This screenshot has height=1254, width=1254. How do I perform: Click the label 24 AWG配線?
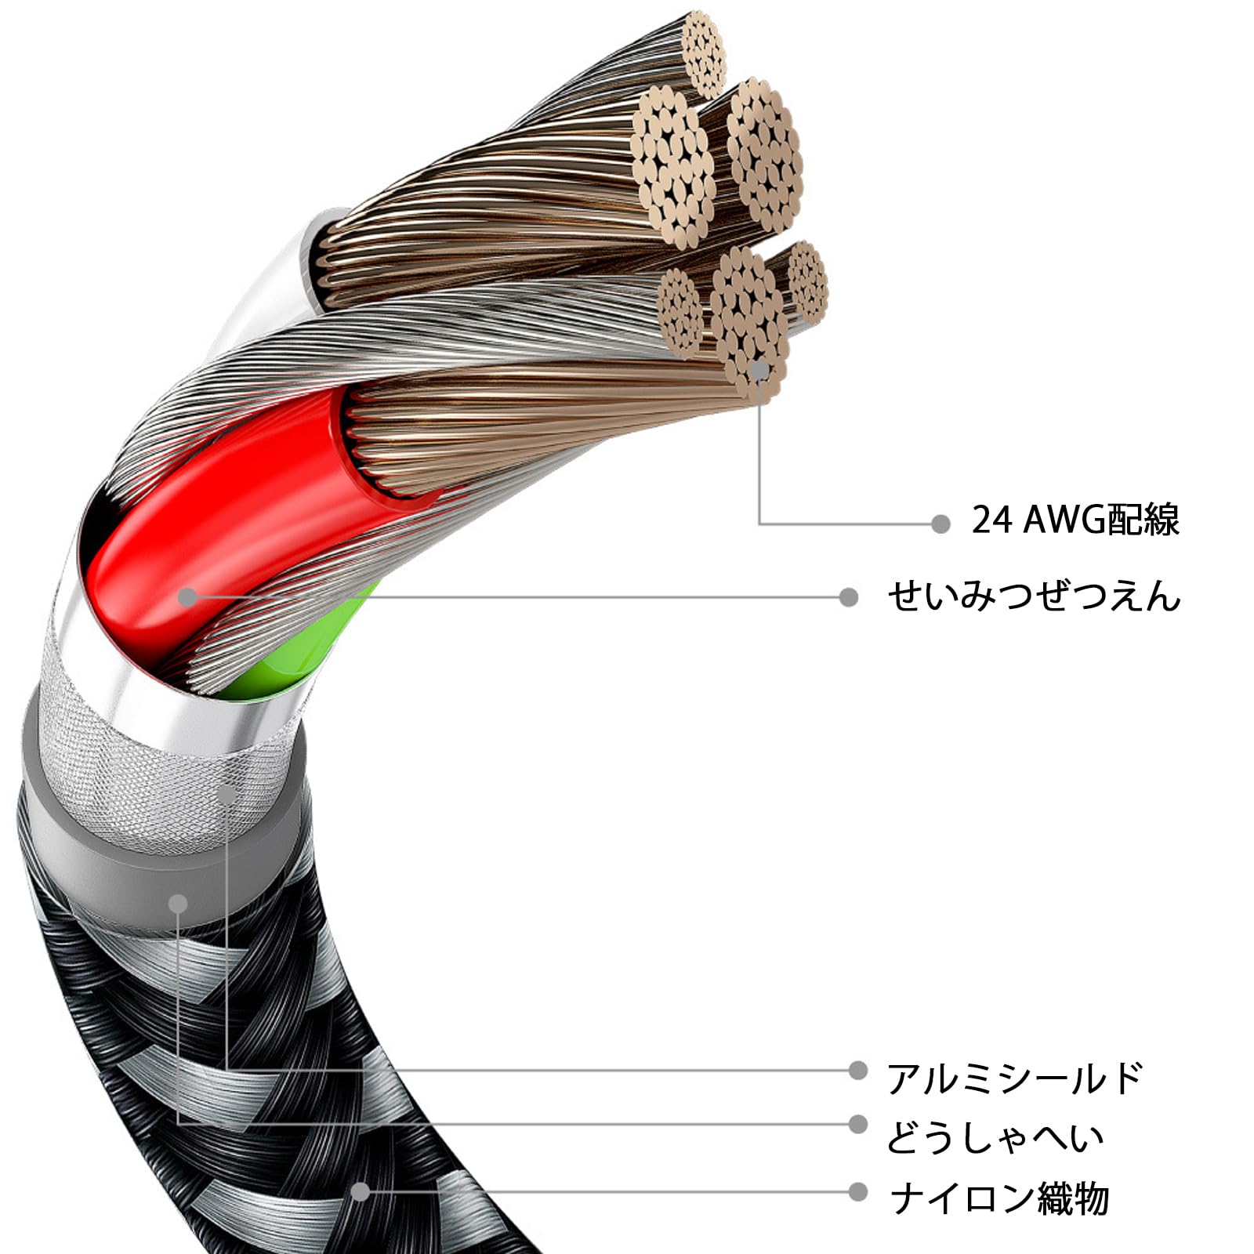point(1075,520)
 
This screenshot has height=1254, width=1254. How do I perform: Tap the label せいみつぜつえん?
point(1034,596)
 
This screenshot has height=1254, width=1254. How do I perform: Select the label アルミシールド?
point(1015,1078)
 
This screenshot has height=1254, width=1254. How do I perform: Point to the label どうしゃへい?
point(995,1137)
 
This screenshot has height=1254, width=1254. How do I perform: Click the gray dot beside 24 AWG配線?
point(940,524)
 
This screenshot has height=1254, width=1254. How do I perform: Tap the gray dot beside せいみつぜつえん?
point(848,597)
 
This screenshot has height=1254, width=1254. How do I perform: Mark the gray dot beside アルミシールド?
point(858,1070)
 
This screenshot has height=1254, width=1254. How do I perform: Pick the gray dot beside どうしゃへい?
point(858,1125)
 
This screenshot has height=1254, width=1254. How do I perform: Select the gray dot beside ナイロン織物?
point(858,1192)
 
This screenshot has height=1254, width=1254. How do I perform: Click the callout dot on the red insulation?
point(187,597)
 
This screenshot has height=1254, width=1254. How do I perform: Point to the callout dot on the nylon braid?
point(360,1192)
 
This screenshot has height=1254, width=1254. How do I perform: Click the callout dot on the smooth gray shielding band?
point(179,904)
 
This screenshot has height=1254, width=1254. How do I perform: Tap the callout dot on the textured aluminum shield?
point(227,794)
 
